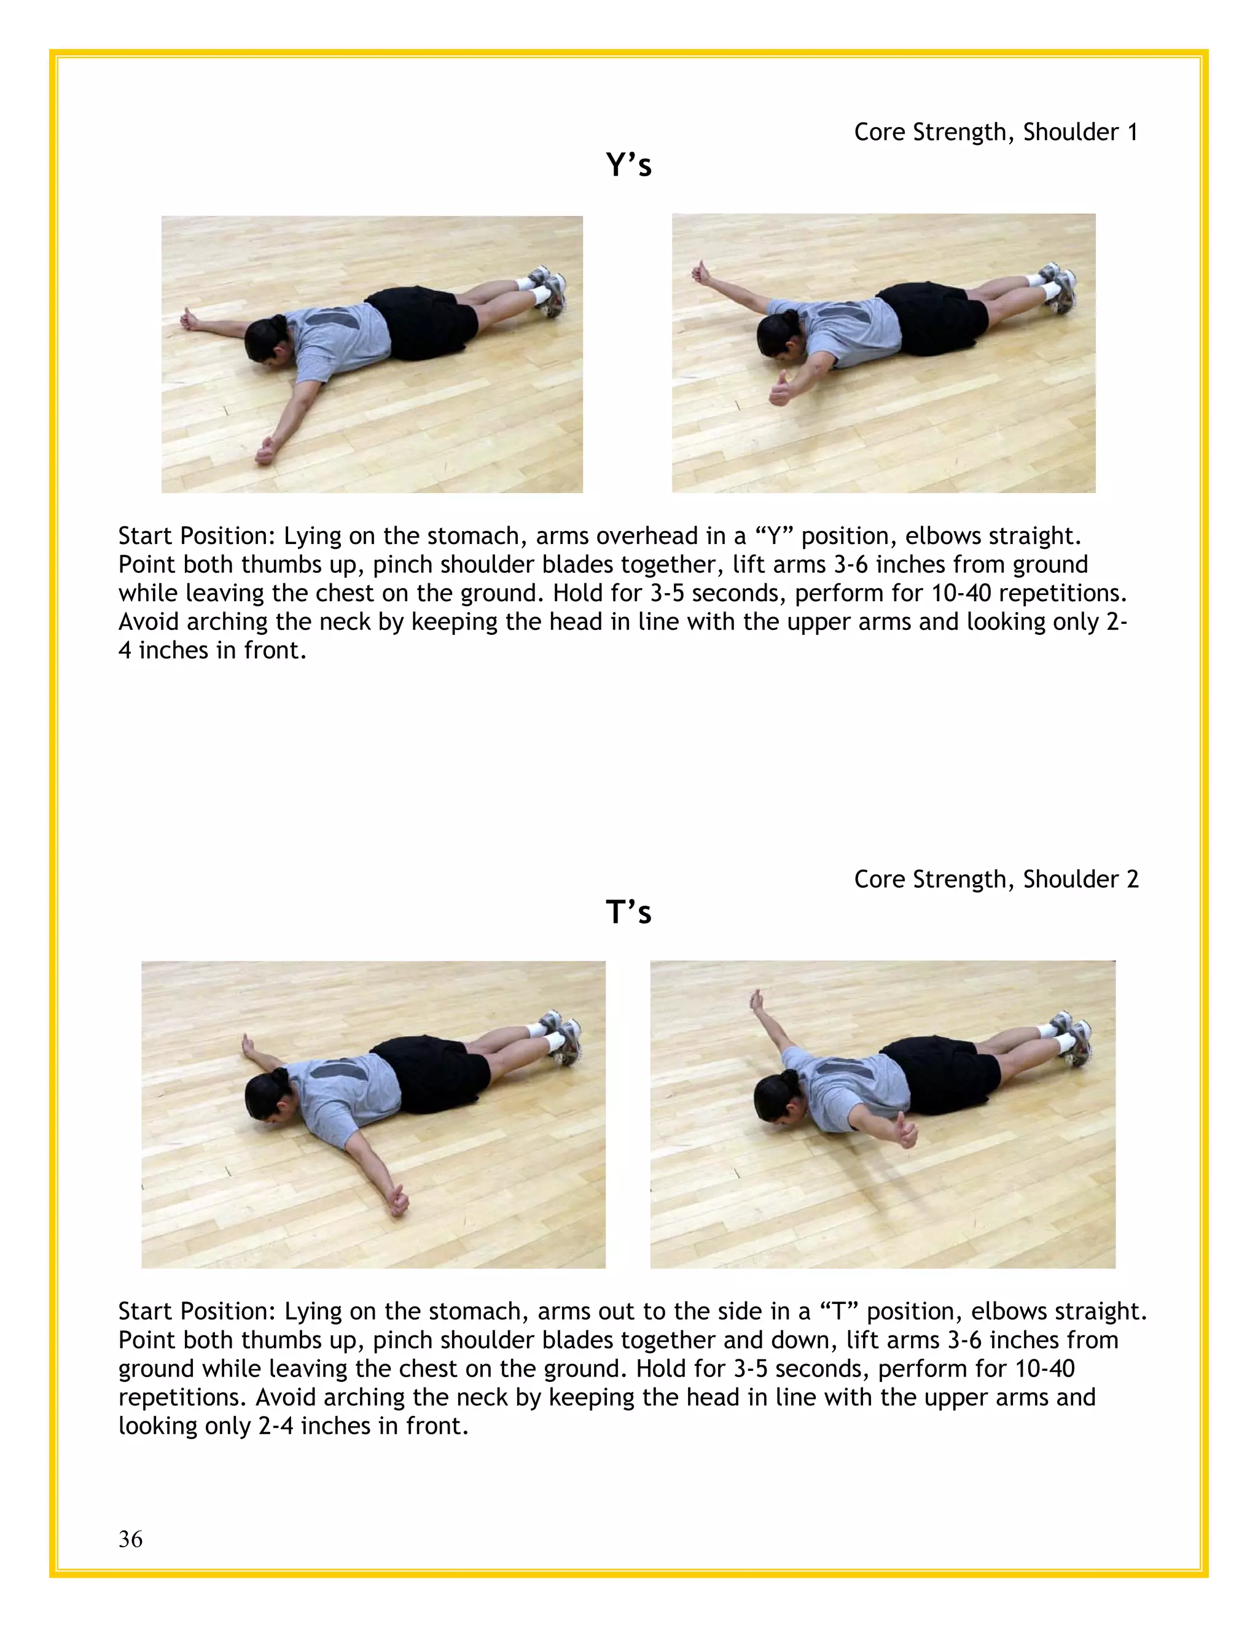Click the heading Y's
tap(628, 165)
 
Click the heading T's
tap(628, 912)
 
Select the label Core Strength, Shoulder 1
tap(996, 132)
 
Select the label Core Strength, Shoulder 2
tap(996, 879)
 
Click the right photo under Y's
tap(883, 352)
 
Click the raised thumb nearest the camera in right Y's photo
tap(780, 389)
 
